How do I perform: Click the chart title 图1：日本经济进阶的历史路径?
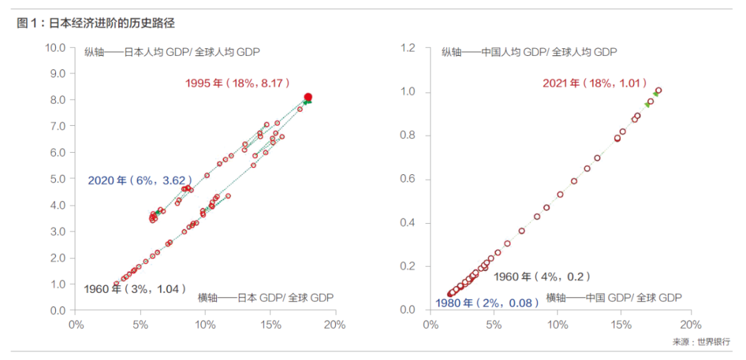point(96,23)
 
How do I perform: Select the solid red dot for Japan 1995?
point(308,97)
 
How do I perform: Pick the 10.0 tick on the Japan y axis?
point(55,48)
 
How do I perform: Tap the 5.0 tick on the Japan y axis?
point(57,179)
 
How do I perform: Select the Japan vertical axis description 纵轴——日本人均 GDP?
point(172,53)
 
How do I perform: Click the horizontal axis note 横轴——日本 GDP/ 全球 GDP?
point(265,298)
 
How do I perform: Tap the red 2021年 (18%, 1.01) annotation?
point(593,83)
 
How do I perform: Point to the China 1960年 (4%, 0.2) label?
point(542,276)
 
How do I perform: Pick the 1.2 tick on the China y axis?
point(412,48)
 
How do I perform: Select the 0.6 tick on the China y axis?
point(412,179)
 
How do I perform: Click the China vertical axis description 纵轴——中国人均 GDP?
point(529,53)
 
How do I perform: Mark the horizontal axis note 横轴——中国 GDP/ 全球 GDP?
point(613,298)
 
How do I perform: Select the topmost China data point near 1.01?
point(658,91)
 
